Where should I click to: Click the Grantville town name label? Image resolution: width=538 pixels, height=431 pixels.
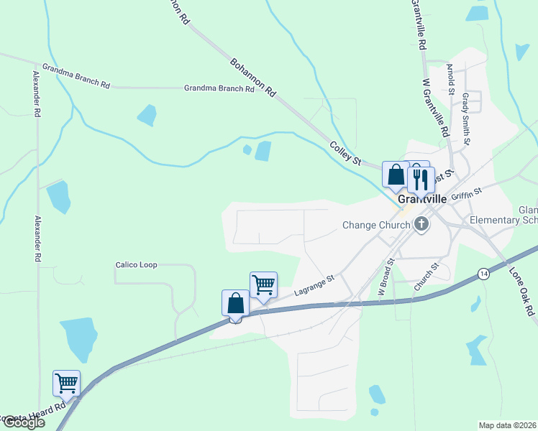(421, 198)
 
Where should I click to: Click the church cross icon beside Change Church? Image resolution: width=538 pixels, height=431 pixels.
(421, 225)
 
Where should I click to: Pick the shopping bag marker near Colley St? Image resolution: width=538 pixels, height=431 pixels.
(396, 175)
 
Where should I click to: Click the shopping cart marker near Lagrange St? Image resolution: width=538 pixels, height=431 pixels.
(263, 286)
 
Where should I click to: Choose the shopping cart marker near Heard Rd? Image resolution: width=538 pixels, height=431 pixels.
(66, 384)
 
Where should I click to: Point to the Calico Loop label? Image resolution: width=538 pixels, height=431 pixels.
(136, 265)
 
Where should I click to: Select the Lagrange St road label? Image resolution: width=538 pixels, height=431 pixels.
(315, 286)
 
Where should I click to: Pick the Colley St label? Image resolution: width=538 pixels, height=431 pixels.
(345, 152)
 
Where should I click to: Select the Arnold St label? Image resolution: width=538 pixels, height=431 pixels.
(450, 78)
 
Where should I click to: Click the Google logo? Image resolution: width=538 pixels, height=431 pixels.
(24, 422)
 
